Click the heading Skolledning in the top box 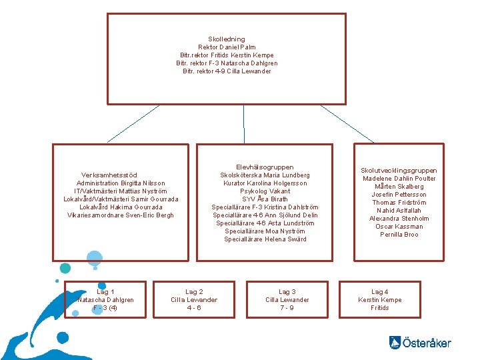pyautogui.click(x=227, y=39)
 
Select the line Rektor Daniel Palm pyautogui.click(x=227, y=47)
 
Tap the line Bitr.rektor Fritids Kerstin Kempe pyautogui.click(x=227, y=55)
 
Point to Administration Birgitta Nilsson pyautogui.click(x=121, y=183)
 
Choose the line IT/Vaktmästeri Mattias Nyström pyautogui.click(x=121, y=191)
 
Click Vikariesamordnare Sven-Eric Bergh pyautogui.click(x=121, y=215)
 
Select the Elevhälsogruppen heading pyautogui.click(x=265, y=167)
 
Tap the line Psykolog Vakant pyautogui.click(x=265, y=191)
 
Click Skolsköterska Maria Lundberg pyautogui.click(x=265, y=175)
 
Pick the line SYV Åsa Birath pyautogui.click(x=265, y=199)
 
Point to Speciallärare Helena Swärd pyautogui.click(x=265, y=239)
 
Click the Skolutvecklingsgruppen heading pyautogui.click(x=399, y=171)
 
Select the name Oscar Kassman pyautogui.click(x=399, y=227)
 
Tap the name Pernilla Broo pyautogui.click(x=399, y=235)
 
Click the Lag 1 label pyautogui.click(x=105, y=292)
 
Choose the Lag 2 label pyautogui.click(x=194, y=292)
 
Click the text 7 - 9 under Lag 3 pyautogui.click(x=287, y=308)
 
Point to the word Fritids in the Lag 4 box pyautogui.click(x=380, y=308)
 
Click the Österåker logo pyautogui.click(x=420, y=343)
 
